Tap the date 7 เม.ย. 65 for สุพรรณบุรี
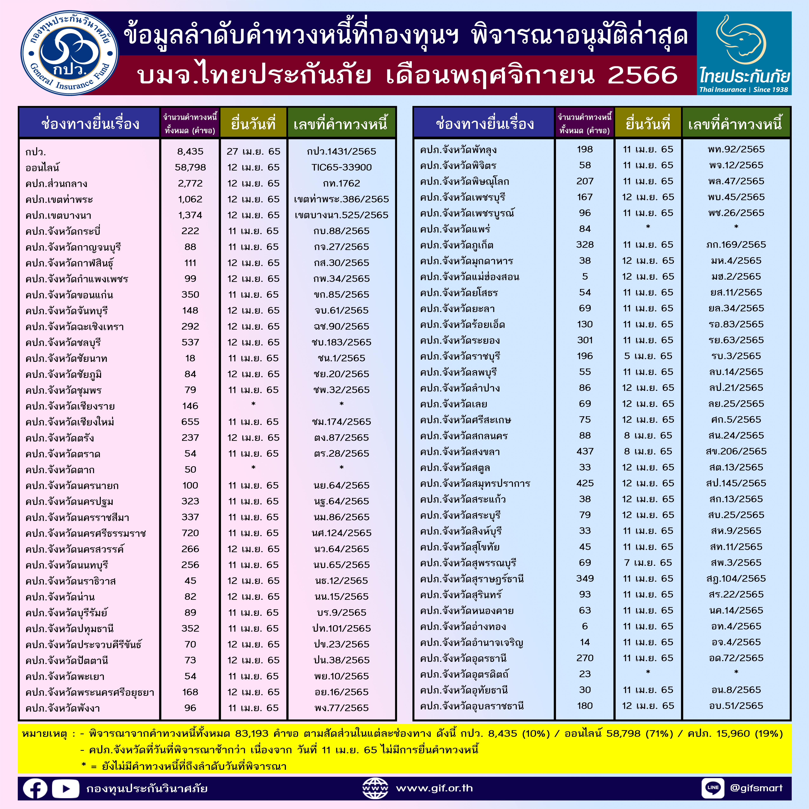tap(648, 563)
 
